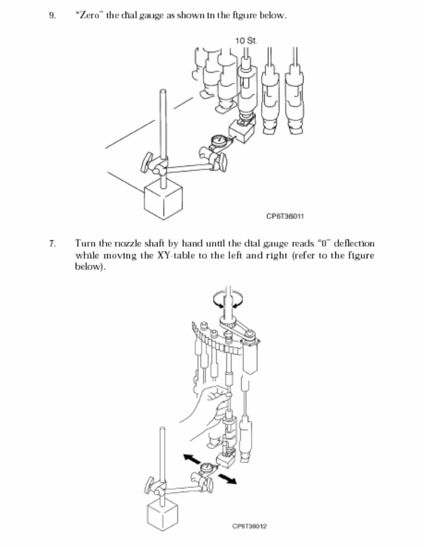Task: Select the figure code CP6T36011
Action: pos(286,216)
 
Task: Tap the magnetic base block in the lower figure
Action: pos(165,516)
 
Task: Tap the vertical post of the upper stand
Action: pos(162,123)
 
